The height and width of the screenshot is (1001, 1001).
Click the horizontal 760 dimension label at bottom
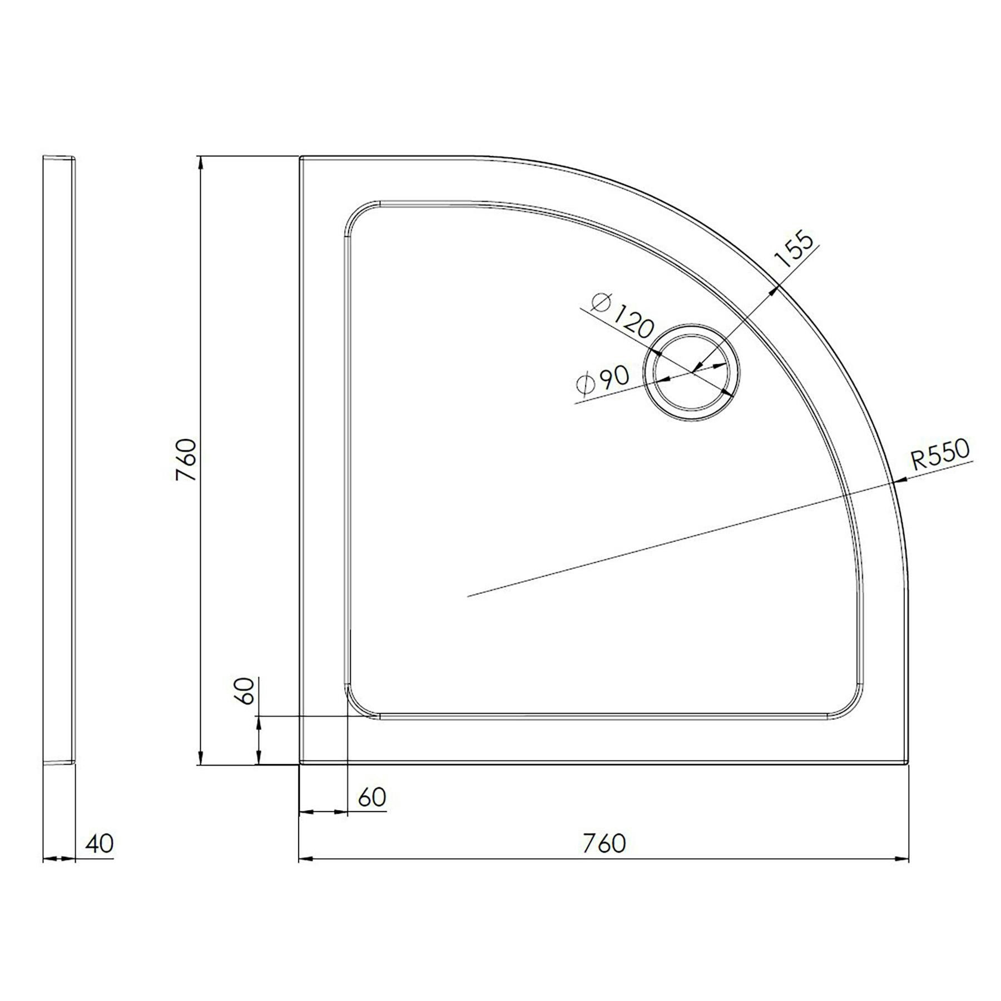(604, 843)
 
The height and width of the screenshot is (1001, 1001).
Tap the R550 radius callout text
(940, 455)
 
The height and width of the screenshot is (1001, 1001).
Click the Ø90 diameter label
(603, 380)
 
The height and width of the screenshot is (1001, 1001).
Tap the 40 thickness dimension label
(99, 843)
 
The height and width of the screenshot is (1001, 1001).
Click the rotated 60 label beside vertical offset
(245, 691)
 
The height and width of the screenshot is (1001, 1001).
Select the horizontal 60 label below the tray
(371, 797)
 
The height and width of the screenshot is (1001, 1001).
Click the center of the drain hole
(692, 371)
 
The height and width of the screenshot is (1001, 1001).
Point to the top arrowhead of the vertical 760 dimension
(200, 162)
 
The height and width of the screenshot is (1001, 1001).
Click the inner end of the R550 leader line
(468, 596)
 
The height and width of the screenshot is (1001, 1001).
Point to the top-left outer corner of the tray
(301, 158)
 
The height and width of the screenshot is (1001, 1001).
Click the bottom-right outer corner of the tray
(908, 762)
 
